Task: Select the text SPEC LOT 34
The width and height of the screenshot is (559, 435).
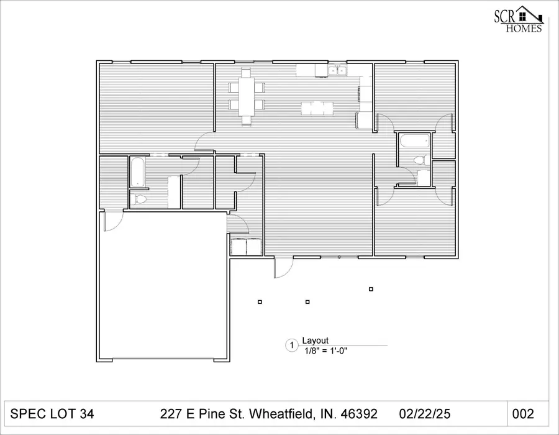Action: pyautogui.click(x=53, y=414)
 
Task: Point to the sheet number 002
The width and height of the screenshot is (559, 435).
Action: pyautogui.click(x=523, y=414)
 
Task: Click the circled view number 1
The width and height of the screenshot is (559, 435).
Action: pyautogui.click(x=291, y=345)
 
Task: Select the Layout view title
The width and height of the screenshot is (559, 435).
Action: pyautogui.click(x=315, y=341)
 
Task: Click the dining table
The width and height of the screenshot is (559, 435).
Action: pyautogui.click(x=246, y=96)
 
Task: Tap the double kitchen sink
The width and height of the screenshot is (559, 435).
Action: pyautogui.click(x=337, y=71)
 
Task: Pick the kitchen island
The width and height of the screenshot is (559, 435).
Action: pyautogui.click(x=317, y=108)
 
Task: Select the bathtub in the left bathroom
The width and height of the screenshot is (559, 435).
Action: pyautogui.click(x=137, y=172)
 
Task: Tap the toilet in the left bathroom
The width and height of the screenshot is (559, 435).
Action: pyautogui.click(x=139, y=199)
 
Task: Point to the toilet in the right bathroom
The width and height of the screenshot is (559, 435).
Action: pyautogui.click(x=418, y=160)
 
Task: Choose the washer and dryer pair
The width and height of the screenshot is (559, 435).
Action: pyautogui.click(x=247, y=247)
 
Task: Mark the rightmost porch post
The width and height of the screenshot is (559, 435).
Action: pyautogui.click(x=371, y=288)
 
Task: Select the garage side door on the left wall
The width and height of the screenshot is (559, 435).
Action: pyautogui.click(x=111, y=221)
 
